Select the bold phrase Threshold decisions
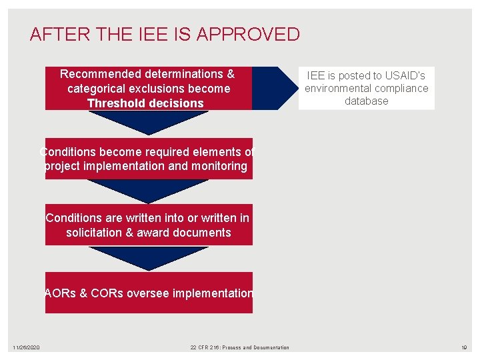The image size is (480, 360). pyautogui.click(x=145, y=103)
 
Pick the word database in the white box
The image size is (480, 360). pyautogui.click(x=366, y=101)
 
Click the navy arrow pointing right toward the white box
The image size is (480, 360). pyautogui.click(x=273, y=88)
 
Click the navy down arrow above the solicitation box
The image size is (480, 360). pyautogui.click(x=148, y=190)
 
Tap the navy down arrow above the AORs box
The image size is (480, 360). pyautogui.click(x=148, y=257)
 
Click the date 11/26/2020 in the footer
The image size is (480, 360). pyautogui.click(x=26, y=347)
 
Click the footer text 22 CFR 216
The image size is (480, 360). pyautogui.click(x=205, y=347)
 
